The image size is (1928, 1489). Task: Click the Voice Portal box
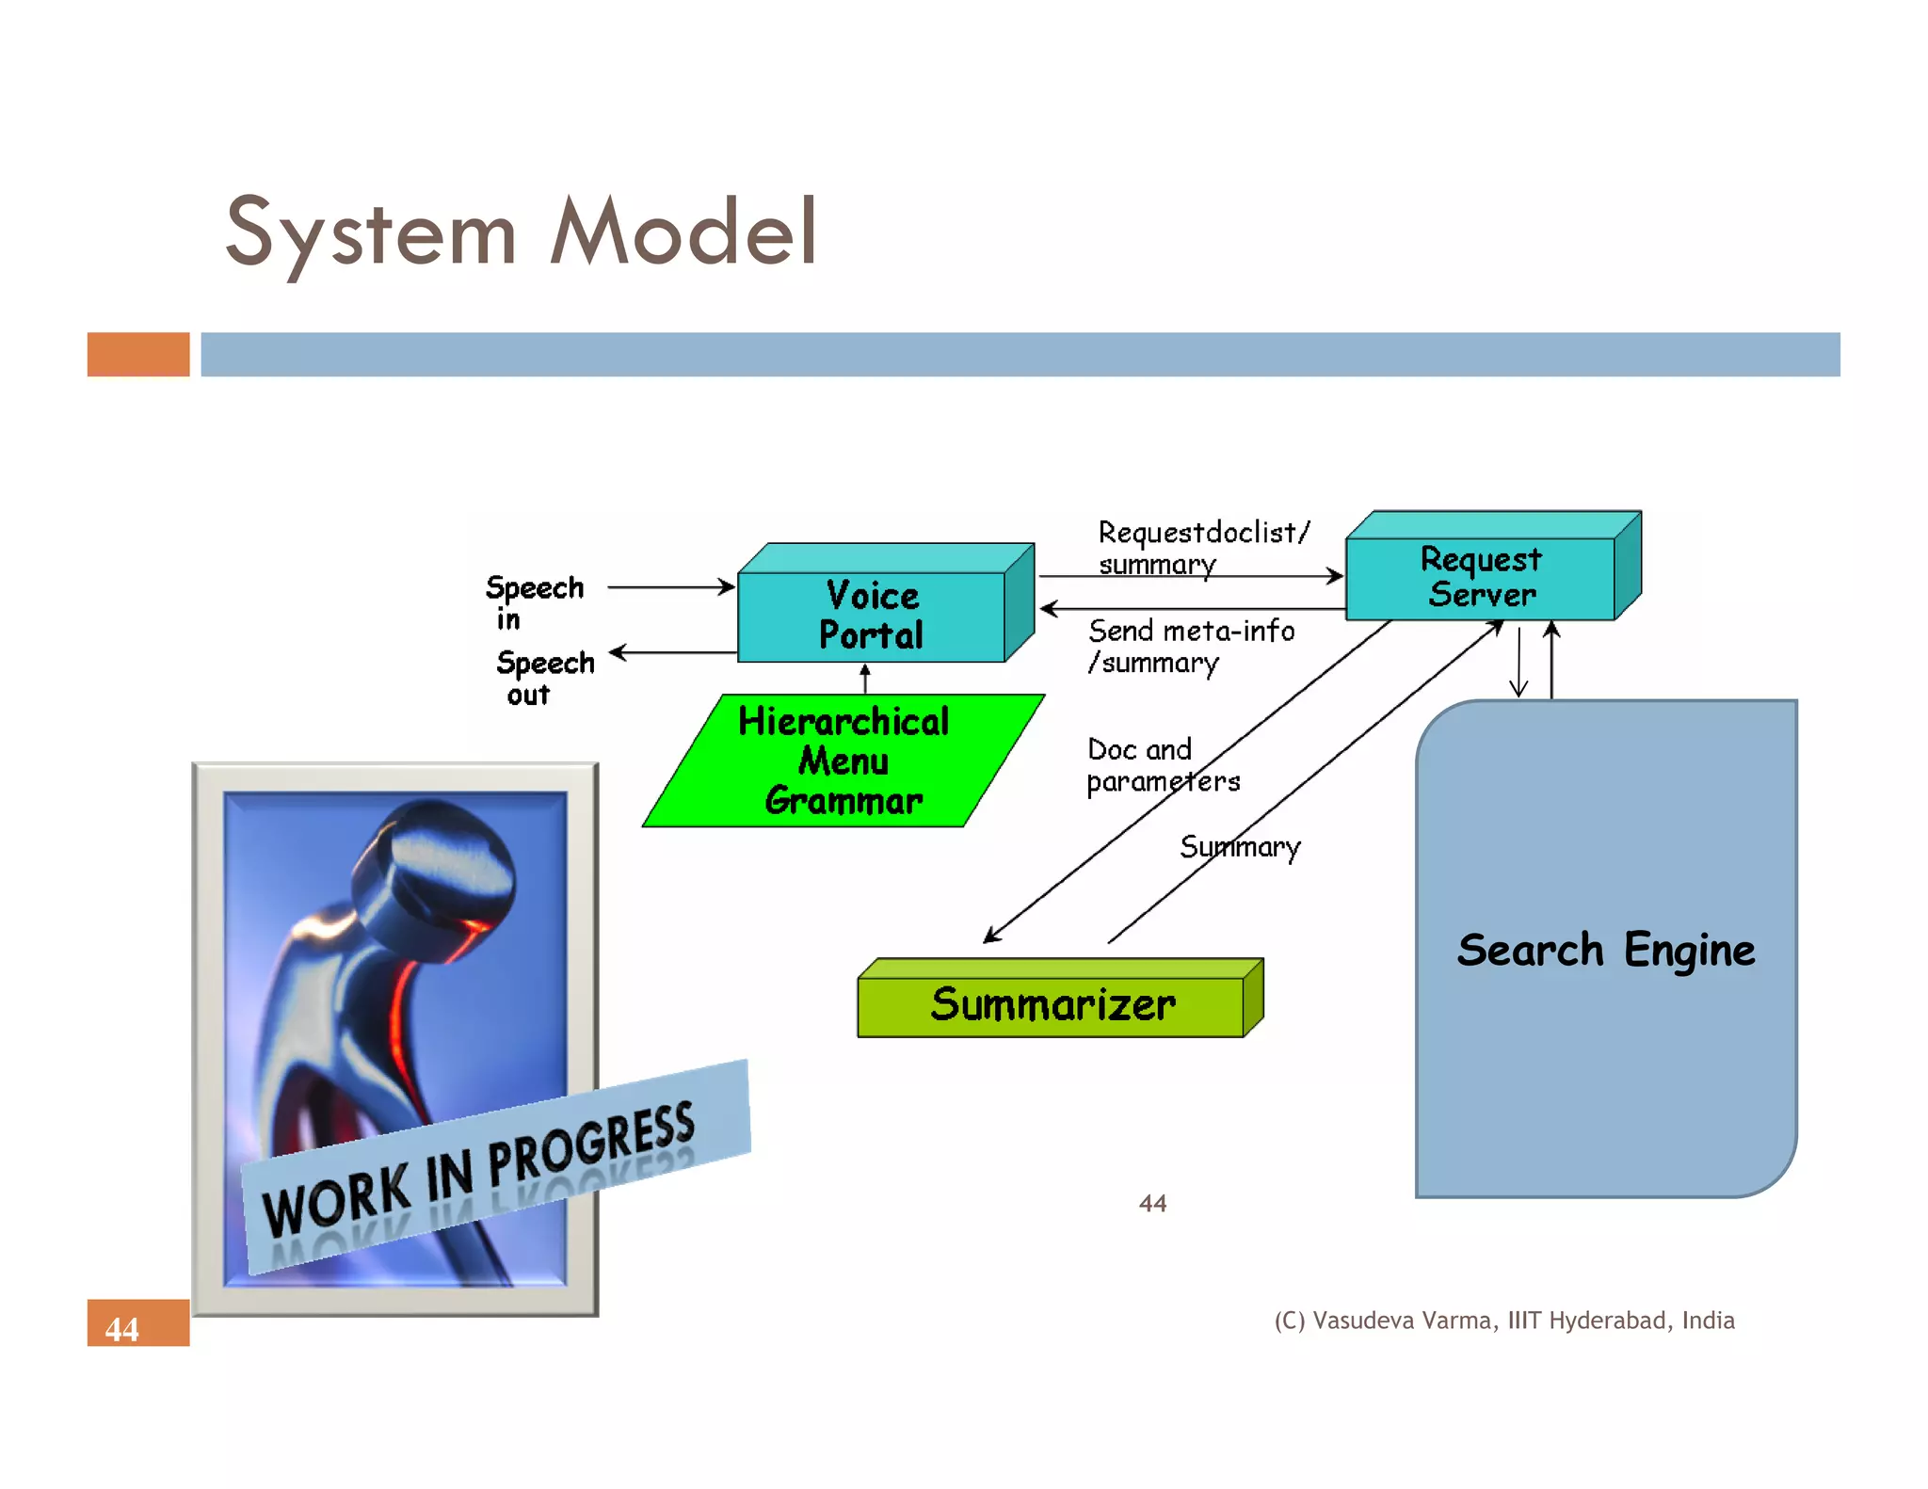click(x=872, y=616)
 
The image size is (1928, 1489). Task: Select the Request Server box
click(x=1481, y=577)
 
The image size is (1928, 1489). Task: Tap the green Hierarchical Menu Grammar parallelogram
click(x=843, y=761)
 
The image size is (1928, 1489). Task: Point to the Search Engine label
click(x=1605, y=949)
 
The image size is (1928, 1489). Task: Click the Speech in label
click(x=534, y=601)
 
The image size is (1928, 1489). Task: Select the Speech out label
click(x=544, y=677)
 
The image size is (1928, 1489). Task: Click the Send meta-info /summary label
click(x=1190, y=646)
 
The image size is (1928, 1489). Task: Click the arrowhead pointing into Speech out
click(x=618, y=652)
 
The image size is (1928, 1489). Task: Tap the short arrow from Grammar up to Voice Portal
click(x=865, y=678)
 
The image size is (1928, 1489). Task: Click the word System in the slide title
click(x=371, y=232)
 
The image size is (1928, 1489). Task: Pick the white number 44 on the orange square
click(x=121, y=1329)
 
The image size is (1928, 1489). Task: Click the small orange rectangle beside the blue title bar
click(x=138, y=355)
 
